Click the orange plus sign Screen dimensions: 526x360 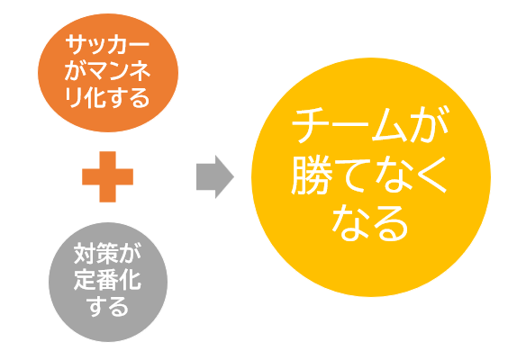108,176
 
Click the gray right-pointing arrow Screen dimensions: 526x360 215,176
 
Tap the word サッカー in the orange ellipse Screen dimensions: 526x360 107,45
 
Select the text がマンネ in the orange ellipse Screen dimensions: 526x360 107,71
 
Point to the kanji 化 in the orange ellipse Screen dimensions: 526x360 95,97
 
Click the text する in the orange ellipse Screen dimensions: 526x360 129,97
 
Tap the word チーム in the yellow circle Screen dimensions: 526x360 349,125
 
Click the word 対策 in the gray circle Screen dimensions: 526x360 96,253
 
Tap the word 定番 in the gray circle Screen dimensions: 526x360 96,280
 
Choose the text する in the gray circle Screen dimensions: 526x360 108,306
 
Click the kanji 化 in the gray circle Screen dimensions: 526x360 131,280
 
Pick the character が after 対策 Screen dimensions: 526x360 131,253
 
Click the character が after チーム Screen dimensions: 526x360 430,125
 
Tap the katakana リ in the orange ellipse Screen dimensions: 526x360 74,97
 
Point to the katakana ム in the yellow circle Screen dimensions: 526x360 389,125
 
